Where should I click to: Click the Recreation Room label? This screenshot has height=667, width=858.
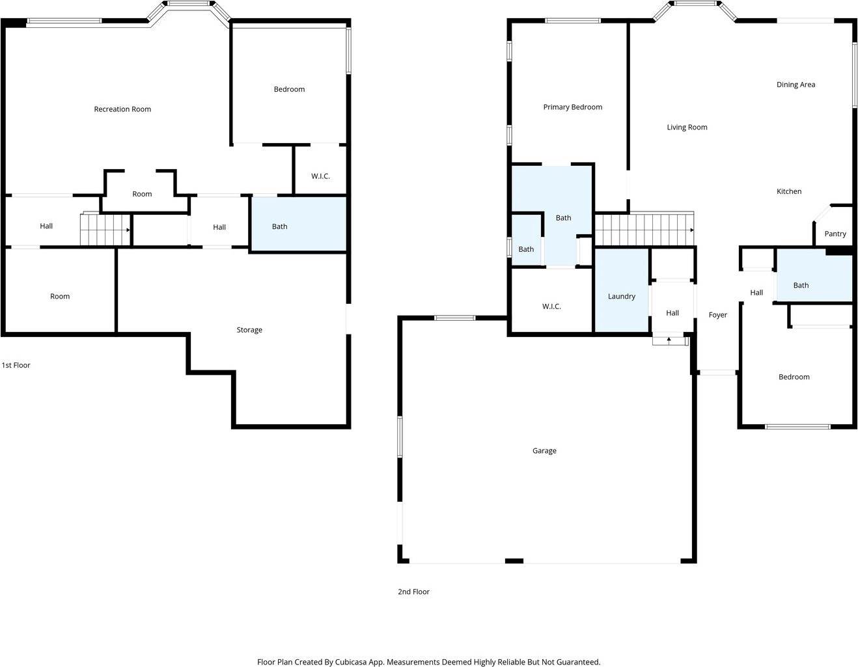click(122, 109)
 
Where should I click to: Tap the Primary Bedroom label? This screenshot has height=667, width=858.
click(573, 107)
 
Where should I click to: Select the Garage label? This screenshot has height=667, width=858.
click(544, 451)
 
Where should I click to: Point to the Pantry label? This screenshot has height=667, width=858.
click(835, 234)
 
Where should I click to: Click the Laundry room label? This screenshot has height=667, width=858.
click(622, 297)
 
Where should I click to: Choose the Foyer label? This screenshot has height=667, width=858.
click(718, 315)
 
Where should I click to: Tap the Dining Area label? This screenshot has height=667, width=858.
click(796, 85)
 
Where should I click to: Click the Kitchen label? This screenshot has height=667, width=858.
click(789, 191)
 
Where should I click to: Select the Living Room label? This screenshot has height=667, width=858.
click(687, 128)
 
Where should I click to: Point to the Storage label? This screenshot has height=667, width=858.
click(249, 330)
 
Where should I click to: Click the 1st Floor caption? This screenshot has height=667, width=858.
click(16, 366)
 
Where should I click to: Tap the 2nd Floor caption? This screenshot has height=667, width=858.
click(414, 592)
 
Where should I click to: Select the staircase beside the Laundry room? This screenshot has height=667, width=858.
click(644, 230)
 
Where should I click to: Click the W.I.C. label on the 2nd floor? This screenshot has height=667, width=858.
click(551, 306)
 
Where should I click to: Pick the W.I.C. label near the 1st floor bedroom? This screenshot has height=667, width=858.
click(320, 176)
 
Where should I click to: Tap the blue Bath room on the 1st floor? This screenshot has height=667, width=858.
click(299, 224)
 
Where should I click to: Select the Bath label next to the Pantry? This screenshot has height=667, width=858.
click(801, 286)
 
